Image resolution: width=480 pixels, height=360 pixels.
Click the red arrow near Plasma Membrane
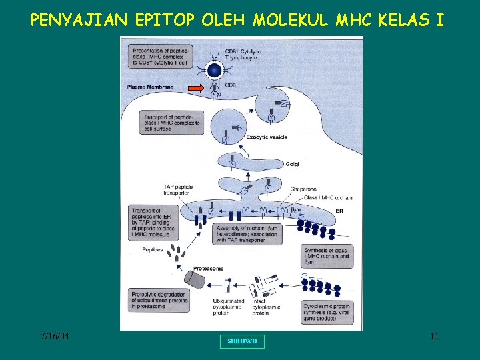(x=195, y=87)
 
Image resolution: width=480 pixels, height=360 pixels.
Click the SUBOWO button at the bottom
(x=242, y=341)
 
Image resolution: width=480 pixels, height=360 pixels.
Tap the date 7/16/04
(x=54, y=337)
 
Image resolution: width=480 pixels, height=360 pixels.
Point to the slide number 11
(x=434, y=337)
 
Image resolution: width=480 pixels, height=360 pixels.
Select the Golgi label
(x=292, y=163)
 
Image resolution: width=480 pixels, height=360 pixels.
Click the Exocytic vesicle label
(x=265, y=137)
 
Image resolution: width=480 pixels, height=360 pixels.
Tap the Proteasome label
(x=207, y=269)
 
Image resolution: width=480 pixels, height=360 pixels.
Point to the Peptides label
(x=153, y=249)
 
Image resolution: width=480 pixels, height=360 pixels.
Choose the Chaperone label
(x=303, y=189)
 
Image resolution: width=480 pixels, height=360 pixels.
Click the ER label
(x=339, y=211)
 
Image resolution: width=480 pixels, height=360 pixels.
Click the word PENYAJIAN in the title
(x=77, y=19)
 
